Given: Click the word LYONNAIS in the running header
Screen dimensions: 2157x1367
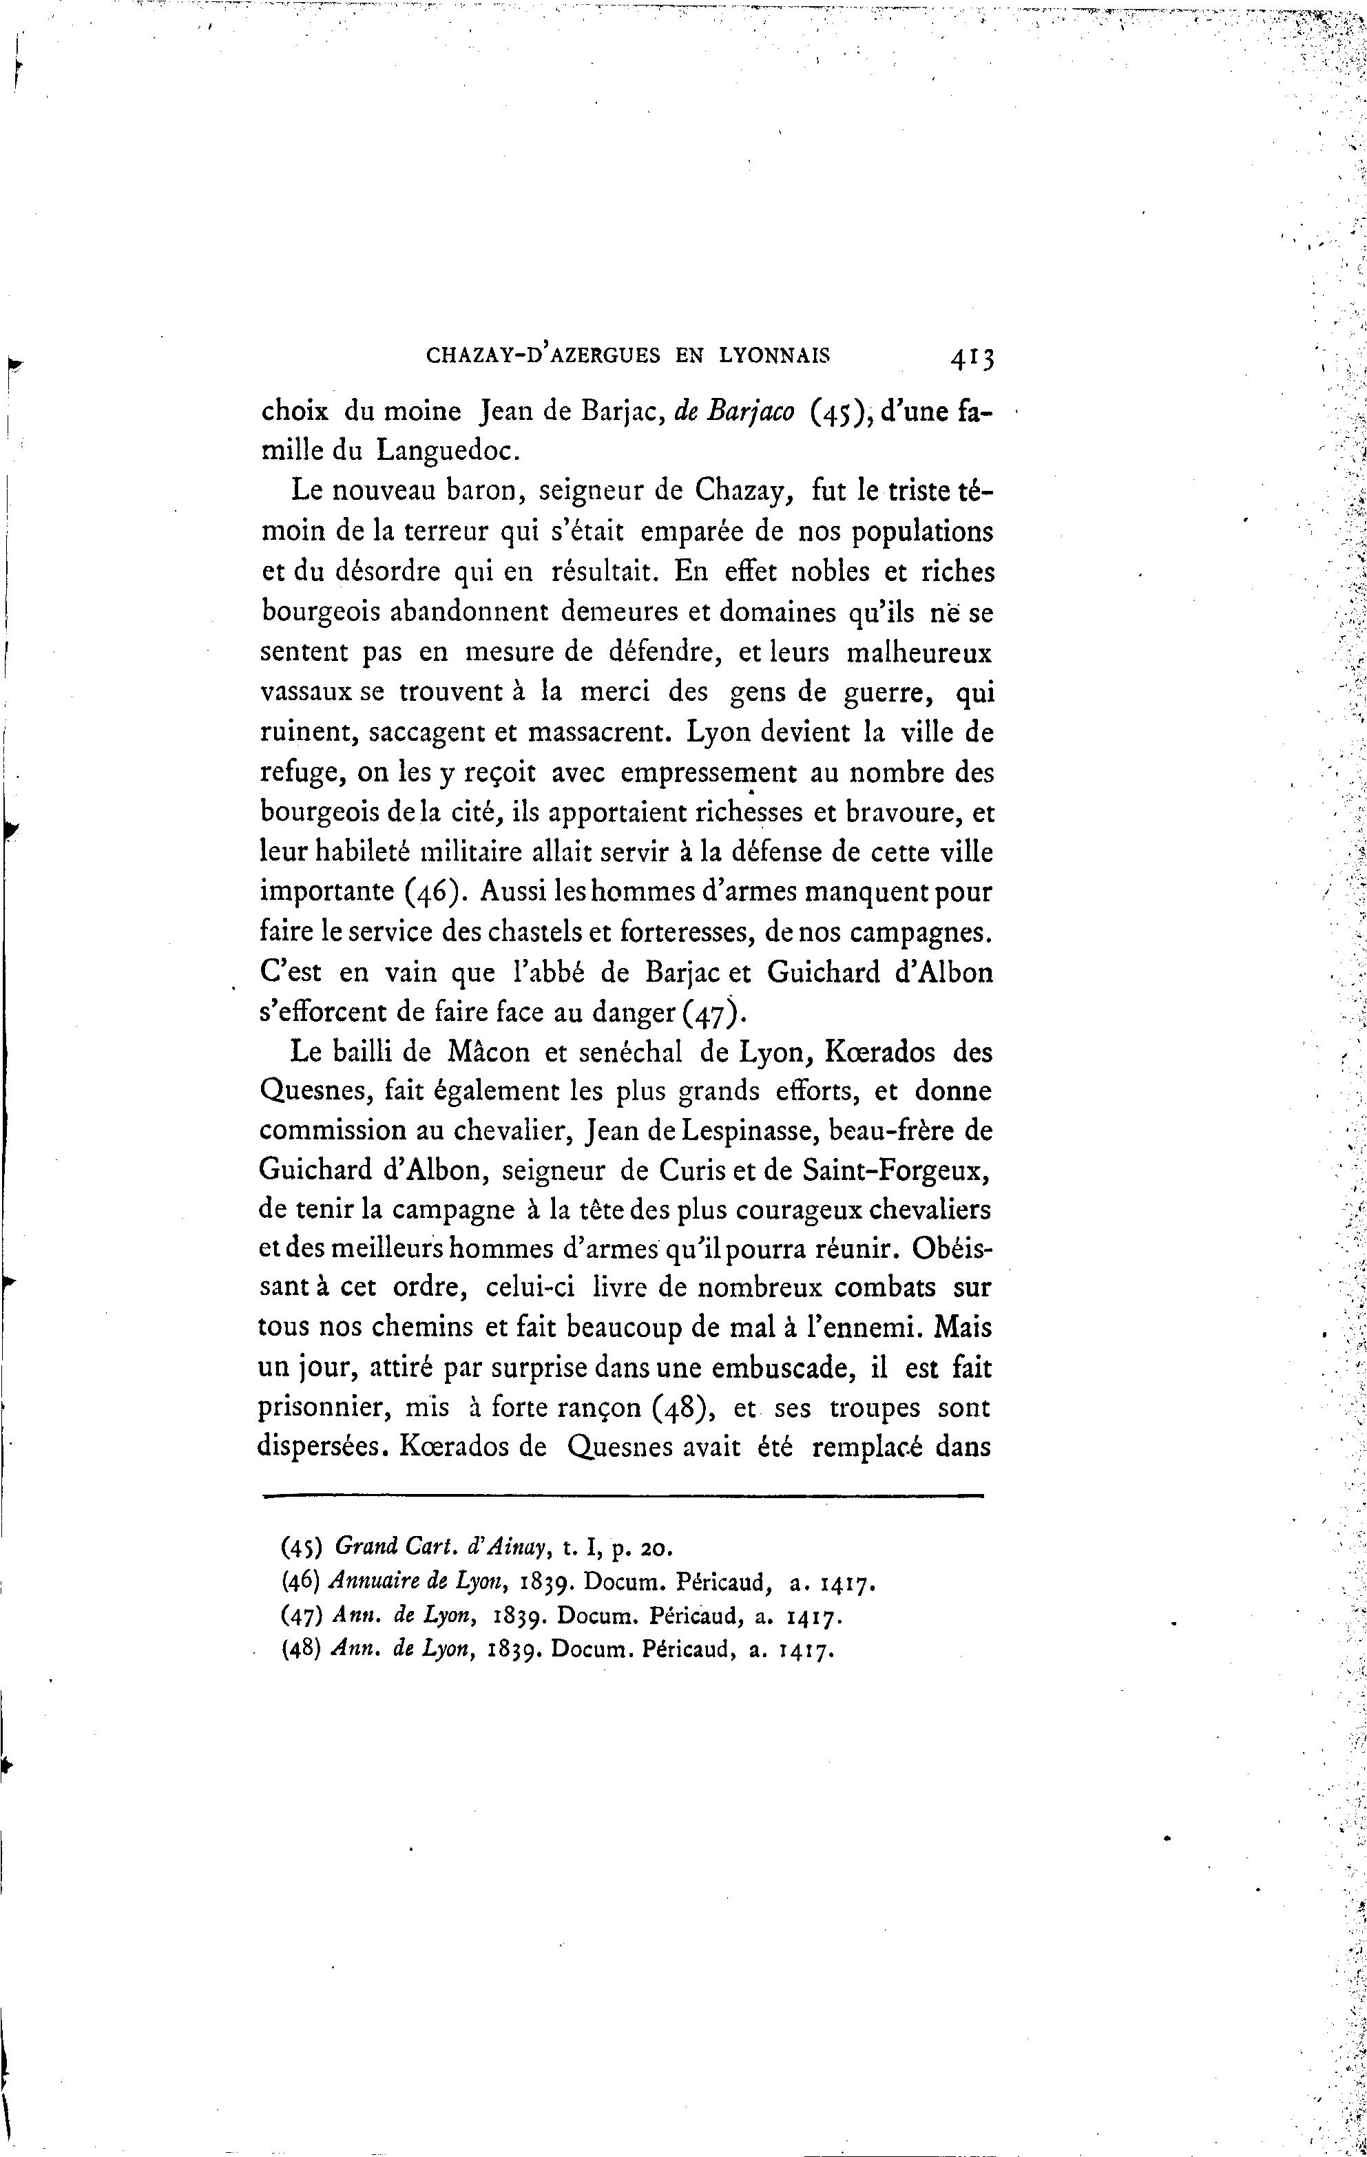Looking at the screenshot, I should click(775, 356).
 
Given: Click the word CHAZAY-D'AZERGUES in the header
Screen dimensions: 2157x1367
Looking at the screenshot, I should click(543, 356).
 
